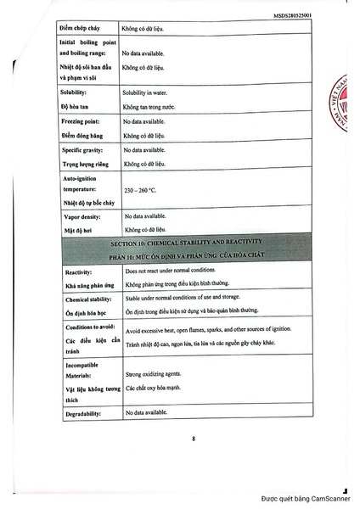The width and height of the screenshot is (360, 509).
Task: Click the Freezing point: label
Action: coord(81,121)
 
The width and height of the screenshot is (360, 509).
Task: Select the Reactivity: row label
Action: coord(77,271)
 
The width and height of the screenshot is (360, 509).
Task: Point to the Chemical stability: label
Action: coord(88,299)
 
